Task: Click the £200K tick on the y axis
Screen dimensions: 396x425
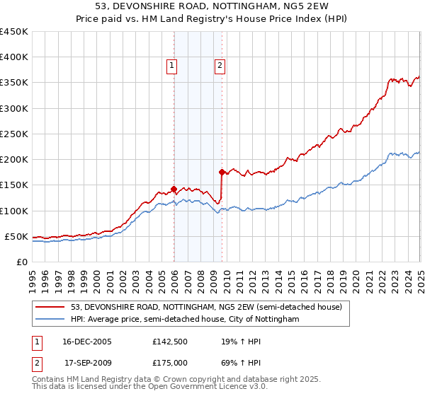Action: [x=14, y=160]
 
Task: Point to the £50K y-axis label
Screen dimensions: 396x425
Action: [x=16, y=236]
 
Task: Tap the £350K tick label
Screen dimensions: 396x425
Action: [x=14, y=83]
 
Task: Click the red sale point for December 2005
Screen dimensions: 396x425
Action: [x=174, y=189]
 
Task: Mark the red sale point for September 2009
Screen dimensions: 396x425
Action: [x=222, y=172]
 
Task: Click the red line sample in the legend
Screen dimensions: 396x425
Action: [x=50, y=307]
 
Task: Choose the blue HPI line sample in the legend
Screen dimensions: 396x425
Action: [x=50, y=320]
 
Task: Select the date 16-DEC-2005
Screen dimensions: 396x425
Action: [x=88, y=342]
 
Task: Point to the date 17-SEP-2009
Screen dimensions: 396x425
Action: [x=88, y=361]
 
